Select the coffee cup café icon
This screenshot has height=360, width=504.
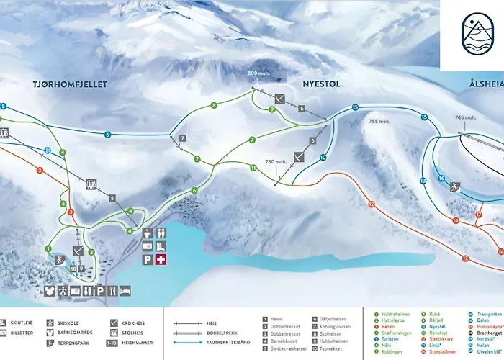coord(147,233)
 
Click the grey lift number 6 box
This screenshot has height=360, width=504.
coord(302,109)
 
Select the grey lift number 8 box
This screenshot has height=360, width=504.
coord(112,198)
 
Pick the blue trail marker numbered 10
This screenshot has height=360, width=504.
coord(323,157)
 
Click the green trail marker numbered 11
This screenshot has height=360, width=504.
coord(253,168)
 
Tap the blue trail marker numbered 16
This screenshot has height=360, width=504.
coord(441,179)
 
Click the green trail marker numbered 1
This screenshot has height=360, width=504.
coord(48,248)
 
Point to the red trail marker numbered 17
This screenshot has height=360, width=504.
coord(478,215)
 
